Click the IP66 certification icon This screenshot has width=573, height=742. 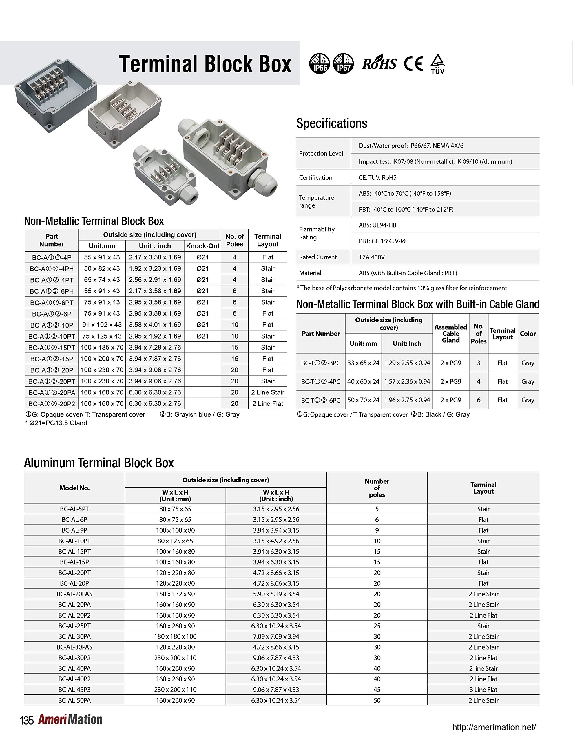coord(319,63)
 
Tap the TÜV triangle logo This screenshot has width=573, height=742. coord(437,63)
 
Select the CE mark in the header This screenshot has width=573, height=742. coord(413,63)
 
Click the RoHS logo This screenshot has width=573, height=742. coord(379,63)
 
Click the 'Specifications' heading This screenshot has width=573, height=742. coord(331,123)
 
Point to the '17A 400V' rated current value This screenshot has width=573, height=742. coord(372,257)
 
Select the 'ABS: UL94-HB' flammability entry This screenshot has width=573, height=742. coord(377,225)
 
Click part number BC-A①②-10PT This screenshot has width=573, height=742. coord(52,336)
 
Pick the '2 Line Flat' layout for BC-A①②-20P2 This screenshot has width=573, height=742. coord(268,404)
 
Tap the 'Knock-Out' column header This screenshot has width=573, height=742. coord(203,246)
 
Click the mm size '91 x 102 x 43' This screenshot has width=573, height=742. coord(102,325)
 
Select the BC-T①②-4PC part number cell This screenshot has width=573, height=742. coord(321,381)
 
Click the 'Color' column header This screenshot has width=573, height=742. coord(528,334)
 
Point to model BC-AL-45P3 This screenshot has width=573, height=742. coord(74,690)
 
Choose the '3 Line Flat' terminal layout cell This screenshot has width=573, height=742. coord(483,690)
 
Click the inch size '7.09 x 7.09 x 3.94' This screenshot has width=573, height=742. coord(276,636)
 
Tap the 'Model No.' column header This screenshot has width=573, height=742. coord(74,488)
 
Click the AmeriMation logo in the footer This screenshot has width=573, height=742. coord(70,720)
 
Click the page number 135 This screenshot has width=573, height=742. coord(26,721)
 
